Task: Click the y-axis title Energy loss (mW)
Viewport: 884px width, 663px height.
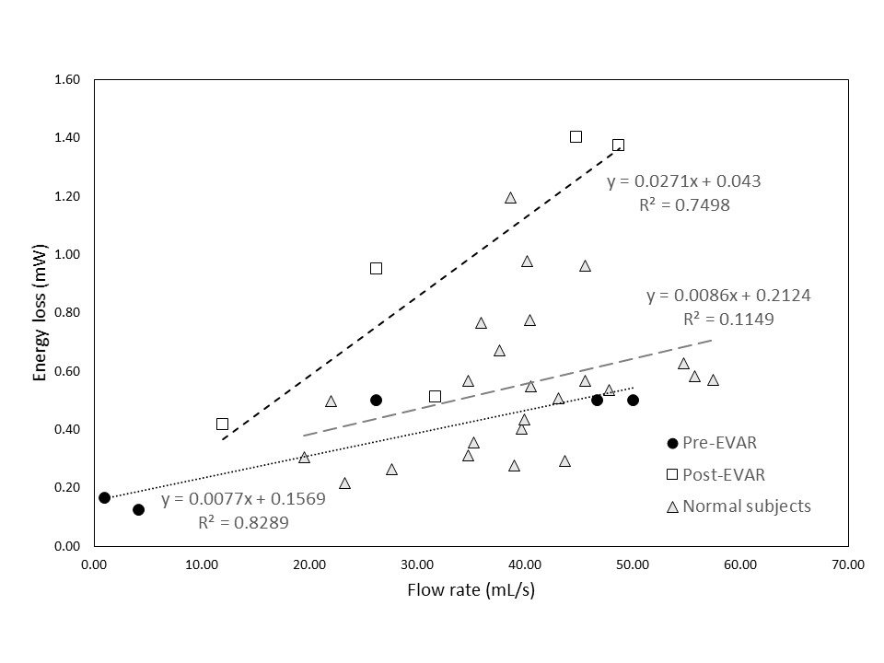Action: (41, 313)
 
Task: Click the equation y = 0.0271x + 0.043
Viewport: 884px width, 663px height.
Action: (683, 181)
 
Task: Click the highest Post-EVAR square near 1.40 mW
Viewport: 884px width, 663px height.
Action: (576, 136)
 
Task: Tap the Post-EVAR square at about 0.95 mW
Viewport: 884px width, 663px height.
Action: (376, 268)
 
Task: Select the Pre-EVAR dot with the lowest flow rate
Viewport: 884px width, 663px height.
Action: (104, 497)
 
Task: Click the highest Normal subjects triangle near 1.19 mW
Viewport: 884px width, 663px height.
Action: (510, 198)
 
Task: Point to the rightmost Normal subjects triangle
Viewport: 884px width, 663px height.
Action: (713, 380)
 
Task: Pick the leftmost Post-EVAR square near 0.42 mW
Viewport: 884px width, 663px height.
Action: (222, 424)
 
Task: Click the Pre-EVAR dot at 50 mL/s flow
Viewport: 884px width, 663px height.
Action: (633, 400)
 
